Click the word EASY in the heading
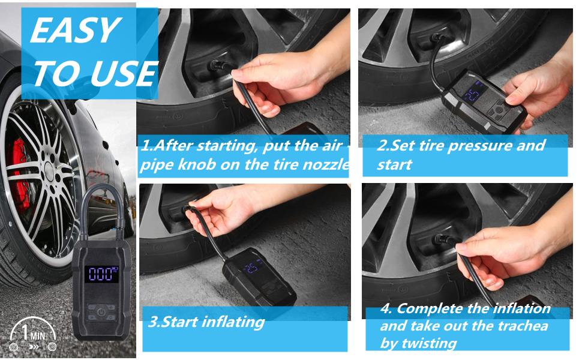click(x=74, y=31)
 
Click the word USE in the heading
click(x=124, y=73)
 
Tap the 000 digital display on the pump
click(x=101, y=274)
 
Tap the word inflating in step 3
click(x=234, y=322)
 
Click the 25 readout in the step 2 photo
click(x=472, y=95)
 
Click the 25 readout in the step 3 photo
click(x=251, y=268)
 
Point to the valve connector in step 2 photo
click(x=437, y=38)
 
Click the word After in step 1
click(x=173, y=145)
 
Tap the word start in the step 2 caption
click(x=394, y=164)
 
